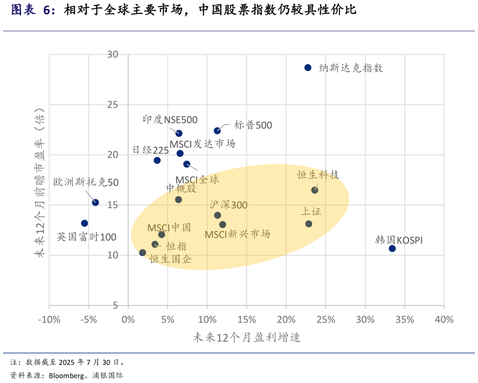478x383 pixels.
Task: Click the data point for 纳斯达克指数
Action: click(308, 68)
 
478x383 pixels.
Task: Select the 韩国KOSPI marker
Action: click(392, 249)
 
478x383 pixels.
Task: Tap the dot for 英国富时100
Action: click(85, 223)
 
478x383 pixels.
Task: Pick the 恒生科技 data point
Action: click(315, 190)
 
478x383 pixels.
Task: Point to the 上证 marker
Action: click(309, 224)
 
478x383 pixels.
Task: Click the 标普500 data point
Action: click(217, 131)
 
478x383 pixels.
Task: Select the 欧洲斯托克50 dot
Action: click(96, 203)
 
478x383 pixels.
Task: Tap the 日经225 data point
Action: click(157, 160)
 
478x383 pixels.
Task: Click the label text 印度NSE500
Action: click(170, 120)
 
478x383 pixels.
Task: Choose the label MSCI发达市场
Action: click(202, 144)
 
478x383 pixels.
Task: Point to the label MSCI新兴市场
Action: click(237, 234)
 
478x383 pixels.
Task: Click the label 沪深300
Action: click(229, 205)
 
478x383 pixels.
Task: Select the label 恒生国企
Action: click(171, 259)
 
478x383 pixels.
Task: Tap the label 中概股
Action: click(182, 188)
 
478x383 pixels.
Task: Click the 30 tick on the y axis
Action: click(113, 54)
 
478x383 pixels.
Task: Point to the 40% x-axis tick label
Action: click(444, 319)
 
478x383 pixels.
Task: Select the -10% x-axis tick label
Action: click(49, 319)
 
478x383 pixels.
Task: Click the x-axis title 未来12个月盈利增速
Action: click(247, 338)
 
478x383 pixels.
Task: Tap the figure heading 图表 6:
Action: click(33, 10)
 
